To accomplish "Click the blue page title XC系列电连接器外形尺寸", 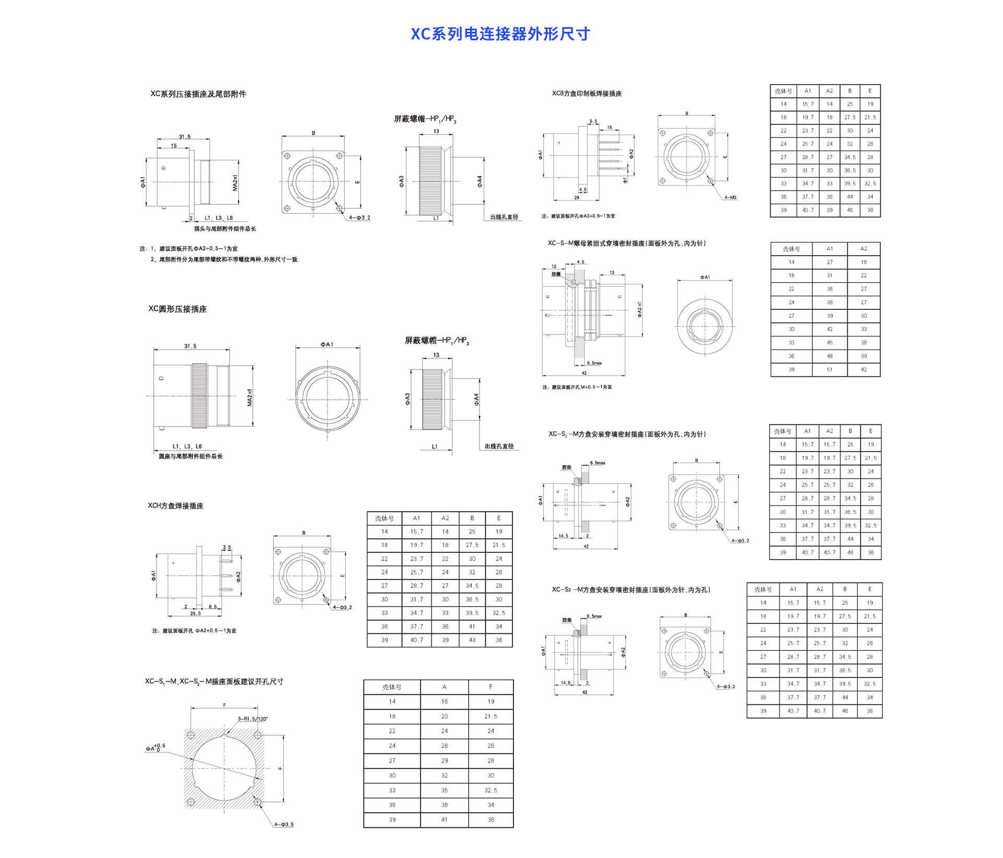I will click(x=500, y=34).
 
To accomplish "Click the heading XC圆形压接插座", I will click(x=178, y=309).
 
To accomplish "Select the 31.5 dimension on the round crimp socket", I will click(x=190, y=346).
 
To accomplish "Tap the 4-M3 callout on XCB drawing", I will click(x=730, y=198).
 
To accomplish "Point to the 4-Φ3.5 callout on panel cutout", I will click(x=284, y=825).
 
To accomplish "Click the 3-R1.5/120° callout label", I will click(x=252, y=718).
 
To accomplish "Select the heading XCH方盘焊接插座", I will click(x=176, y=506).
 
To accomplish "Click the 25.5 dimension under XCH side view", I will click(x=195, y=613).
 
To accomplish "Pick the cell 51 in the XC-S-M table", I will click(x=830, y=369).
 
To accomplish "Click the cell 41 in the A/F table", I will click(x=444, y=820).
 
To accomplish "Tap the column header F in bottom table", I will click(x=491, y=687).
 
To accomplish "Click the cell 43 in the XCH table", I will click(x=472, y=640).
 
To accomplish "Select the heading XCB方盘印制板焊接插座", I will click(x=587, y=94).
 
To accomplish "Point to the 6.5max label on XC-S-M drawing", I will click(x=594, y=363).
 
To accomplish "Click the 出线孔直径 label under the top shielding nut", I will click(x=504, y=217).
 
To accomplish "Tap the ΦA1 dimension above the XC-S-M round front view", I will click(x=705, y=277).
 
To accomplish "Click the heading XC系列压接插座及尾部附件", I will click(x=198, y=94).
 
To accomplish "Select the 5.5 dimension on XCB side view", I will click(x=593, y=121).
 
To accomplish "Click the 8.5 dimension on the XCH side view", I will click(x=213, y=607).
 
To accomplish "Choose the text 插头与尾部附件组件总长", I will click(x=225, y=229).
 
